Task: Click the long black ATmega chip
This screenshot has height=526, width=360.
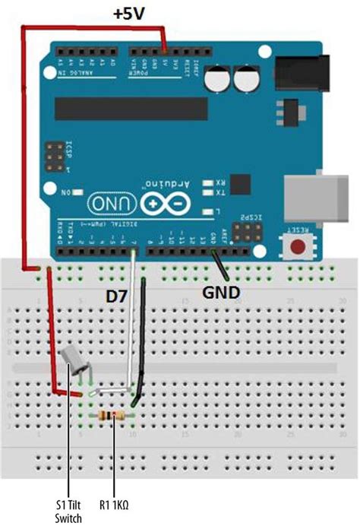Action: tap(130, 109)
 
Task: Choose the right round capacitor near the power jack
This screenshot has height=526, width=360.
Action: tap(246, 78)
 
